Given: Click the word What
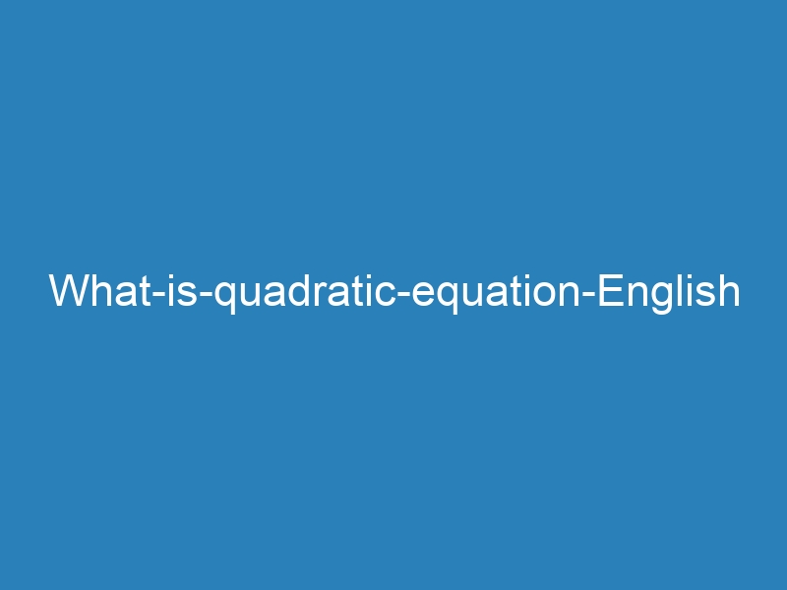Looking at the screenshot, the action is [x=100, y=290].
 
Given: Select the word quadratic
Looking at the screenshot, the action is [x=305, y=293].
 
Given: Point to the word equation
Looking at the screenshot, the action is [x=496, y=293].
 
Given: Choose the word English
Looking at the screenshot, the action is [x=669, y=293].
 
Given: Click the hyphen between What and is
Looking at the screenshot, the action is [x=159, y=294].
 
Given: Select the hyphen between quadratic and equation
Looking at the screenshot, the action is [x=403, y=294].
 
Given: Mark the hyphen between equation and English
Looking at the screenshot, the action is [x=588, y=294].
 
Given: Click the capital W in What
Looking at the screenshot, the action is [x=69, y=290].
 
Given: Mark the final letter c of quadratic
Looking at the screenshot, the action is [x=386, y=294].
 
